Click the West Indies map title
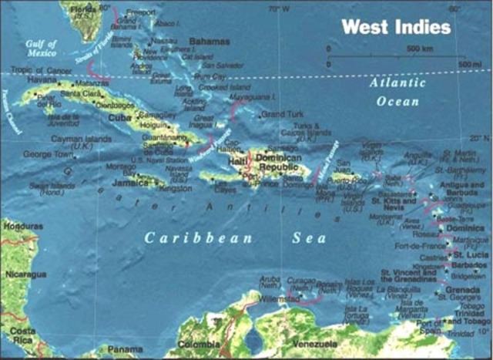pyautogui.click(x=396, y=27)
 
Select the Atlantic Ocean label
pyautogui.click(x=397, y=93)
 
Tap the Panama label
pyautogui.click(x=125, y=349)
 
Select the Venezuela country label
pyautogui.click(x=313, y=343)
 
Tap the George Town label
pyautogui.click(x=47, y=153)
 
